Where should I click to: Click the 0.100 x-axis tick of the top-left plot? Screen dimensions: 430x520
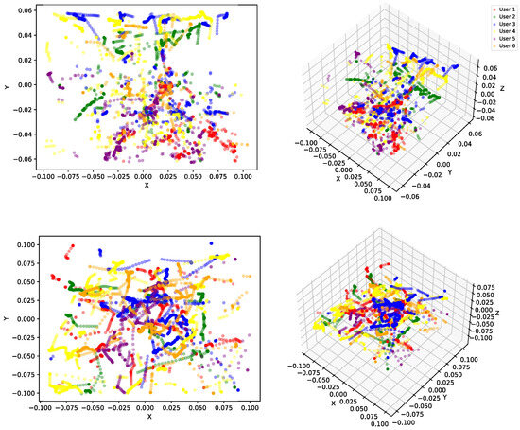point(244,176)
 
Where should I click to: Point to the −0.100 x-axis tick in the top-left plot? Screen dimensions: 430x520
point(41,176)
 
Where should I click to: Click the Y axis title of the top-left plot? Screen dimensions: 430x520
point(6,88)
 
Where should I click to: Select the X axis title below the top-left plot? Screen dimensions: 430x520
point(142,186)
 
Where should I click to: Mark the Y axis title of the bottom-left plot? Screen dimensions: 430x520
point(6,319)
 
